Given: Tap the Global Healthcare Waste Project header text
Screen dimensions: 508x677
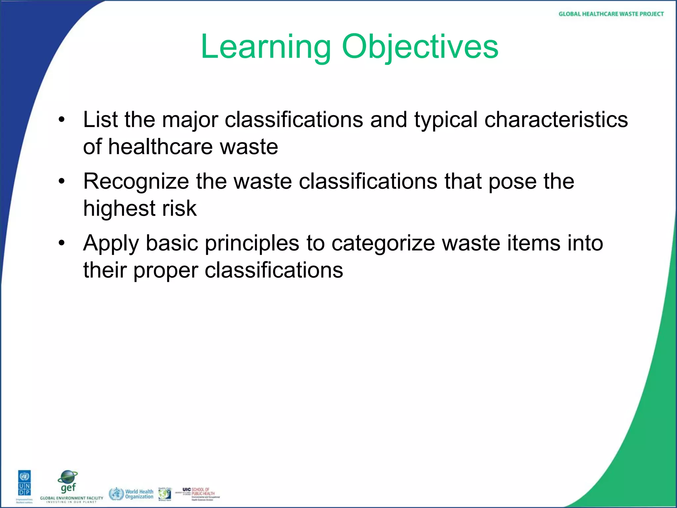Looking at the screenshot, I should click(611, 14).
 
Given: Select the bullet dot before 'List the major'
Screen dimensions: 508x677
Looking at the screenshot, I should click(61, 120).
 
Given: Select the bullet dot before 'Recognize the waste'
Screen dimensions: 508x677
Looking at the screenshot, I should click(61, 182).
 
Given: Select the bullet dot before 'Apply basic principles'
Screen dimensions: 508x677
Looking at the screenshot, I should click(61, 243).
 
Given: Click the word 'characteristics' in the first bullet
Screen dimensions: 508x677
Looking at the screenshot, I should click(556, 120).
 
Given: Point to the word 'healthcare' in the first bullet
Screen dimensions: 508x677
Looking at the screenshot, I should click(161, 147).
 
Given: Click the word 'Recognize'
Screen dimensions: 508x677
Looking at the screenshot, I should click(136, 182).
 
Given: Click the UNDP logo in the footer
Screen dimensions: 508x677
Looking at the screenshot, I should click(24, 486).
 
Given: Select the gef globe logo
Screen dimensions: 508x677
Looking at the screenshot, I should click(68, 482).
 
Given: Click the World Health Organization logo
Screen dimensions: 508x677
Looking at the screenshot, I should click(131, 494).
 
